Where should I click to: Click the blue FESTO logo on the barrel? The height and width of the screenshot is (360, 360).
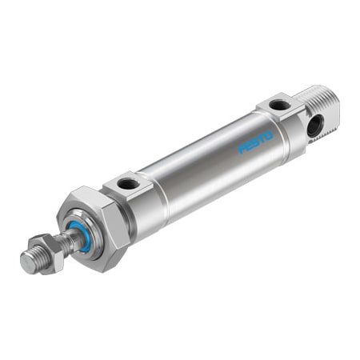point(255,142)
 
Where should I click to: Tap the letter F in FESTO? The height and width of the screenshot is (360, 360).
point(242,149)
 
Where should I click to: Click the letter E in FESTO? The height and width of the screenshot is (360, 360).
point(248,145)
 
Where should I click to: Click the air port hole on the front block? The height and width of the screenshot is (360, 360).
point(128,183)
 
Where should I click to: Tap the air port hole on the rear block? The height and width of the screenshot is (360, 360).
point(278,104)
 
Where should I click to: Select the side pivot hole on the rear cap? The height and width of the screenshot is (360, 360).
point(314,124)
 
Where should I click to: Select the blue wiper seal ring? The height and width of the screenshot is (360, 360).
point(79,236)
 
